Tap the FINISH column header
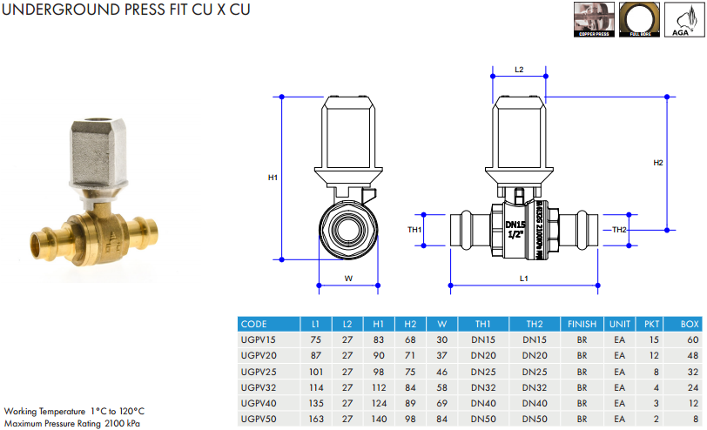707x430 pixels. click(x=582, y=324)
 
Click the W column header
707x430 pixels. click(x=441, y=324)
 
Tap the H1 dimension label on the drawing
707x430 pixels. click(x=273, y=178)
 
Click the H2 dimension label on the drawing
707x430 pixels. click(x=658, y=163)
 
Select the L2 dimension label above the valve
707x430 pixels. click(x=519, y=69)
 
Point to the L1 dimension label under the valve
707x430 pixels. click(x=523, y=278)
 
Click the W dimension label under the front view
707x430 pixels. click(x=347, y=279)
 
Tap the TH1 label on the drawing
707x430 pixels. click(x=415, y=230)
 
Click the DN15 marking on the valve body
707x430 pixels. click(x=516, y=224)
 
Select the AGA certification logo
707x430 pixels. click(x=684, y=20)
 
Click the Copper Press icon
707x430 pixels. click(x=592, y=20)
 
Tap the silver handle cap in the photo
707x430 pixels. click(x=98, y=151)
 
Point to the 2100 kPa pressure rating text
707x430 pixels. click(x=122, y=423)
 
